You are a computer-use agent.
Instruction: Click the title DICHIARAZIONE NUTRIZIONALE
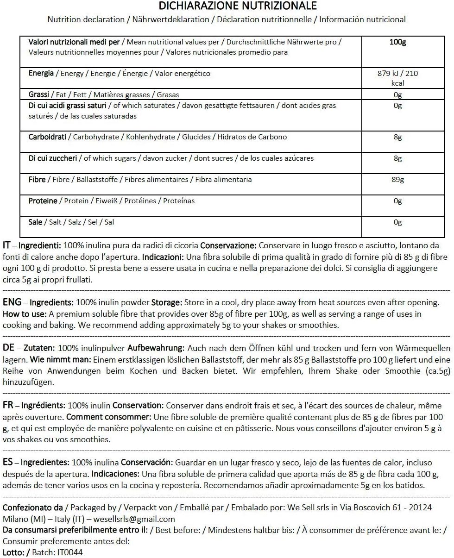pos(238,6)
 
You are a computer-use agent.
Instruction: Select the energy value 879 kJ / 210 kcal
pos(398,78)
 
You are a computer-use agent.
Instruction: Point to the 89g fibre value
pos(397,180)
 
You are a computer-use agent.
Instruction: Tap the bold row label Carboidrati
pos(47,137)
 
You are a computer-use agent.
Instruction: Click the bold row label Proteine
pos(43,201)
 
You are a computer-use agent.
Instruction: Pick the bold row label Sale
pos(35,222)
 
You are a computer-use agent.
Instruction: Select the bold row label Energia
pos(41,74)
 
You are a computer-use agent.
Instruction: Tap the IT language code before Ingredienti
pos(7,245)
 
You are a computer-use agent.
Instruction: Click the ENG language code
pos(12,302)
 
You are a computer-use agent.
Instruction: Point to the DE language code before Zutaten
pos(8,348)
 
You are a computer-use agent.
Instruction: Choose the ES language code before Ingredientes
pos(8,463)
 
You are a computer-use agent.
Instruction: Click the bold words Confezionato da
pos(32,508)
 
